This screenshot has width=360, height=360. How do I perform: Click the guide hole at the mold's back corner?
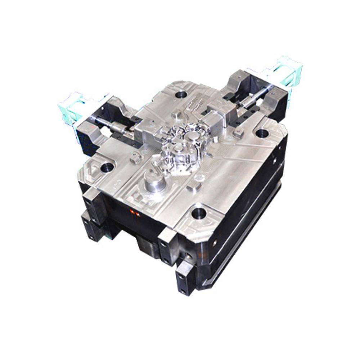(x=181, y=95)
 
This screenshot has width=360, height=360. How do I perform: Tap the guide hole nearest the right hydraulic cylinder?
(x=262, y=133)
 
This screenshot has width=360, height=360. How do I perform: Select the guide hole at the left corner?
(x=107, y=167)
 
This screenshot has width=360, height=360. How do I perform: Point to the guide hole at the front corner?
(x=199, y=213)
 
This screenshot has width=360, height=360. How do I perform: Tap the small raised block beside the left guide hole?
(x=134, y=157)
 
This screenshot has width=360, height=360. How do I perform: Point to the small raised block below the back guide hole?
(x=176, y=115)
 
